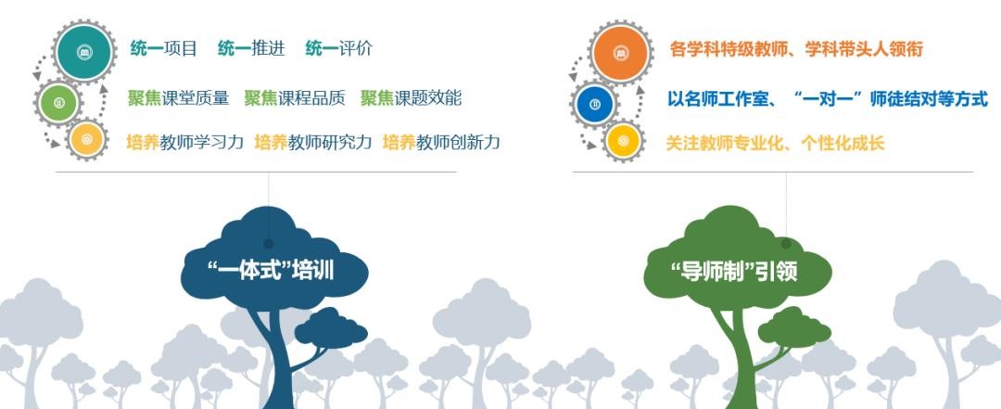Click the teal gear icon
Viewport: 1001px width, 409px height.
pos(83,52)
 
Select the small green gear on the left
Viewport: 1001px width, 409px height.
pos(58,103)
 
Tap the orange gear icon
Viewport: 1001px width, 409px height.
pos(620,52)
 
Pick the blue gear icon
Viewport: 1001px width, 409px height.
pos(595,104)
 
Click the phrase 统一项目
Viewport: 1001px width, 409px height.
pos(164,48)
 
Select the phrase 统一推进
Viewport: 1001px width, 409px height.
pos(251,48)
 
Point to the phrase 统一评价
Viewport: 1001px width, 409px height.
pos(339,48)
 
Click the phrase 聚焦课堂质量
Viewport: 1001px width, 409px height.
pos(178,97)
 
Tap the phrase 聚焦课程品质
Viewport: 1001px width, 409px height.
pos(295,97)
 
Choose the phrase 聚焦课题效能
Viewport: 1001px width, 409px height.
pos(412,97)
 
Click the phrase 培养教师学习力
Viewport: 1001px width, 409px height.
pos(185,142)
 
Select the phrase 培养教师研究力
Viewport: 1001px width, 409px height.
pos(313,142)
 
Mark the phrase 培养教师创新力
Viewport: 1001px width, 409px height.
pos(442,142)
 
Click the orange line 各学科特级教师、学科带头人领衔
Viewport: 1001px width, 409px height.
pos(797,49)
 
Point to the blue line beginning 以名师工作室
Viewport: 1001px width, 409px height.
pos(828,99)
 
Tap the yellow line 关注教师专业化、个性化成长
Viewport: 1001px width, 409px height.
pos(775,143)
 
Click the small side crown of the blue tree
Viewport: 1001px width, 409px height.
pos(331,327)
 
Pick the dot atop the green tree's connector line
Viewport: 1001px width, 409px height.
pos(786,244)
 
